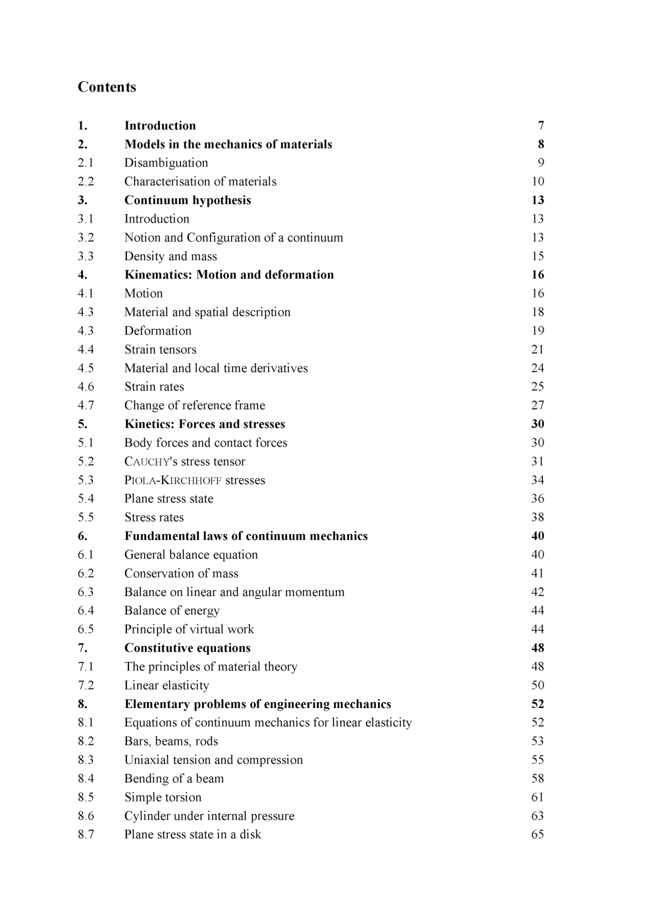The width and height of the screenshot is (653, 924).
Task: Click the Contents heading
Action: (107, 87)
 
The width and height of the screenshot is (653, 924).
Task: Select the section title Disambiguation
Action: (166, 163)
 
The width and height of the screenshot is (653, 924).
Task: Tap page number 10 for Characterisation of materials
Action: (538, 181)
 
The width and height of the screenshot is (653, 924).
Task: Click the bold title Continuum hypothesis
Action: (188, 200)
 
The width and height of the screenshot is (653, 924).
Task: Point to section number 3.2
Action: (86, 238)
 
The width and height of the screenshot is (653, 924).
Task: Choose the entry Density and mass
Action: (170, 256)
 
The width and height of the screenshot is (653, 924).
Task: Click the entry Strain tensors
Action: (160, 350)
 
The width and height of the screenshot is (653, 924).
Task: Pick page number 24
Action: (538, 368)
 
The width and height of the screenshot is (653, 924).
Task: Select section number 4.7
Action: (86, 406)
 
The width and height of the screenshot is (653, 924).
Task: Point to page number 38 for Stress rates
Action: (538, 518)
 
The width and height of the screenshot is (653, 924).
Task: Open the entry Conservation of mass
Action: (181, 574)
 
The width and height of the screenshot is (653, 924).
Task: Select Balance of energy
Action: (172, 611)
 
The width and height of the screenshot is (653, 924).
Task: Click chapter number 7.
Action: (82, 648)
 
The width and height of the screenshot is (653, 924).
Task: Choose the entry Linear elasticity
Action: (167, 686)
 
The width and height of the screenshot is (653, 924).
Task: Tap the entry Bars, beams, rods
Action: (171, 742)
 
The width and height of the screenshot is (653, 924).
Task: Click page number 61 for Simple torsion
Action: (538, 798)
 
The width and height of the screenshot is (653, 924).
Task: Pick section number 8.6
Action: (86, 816)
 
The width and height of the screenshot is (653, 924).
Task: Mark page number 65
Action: (538, 834)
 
